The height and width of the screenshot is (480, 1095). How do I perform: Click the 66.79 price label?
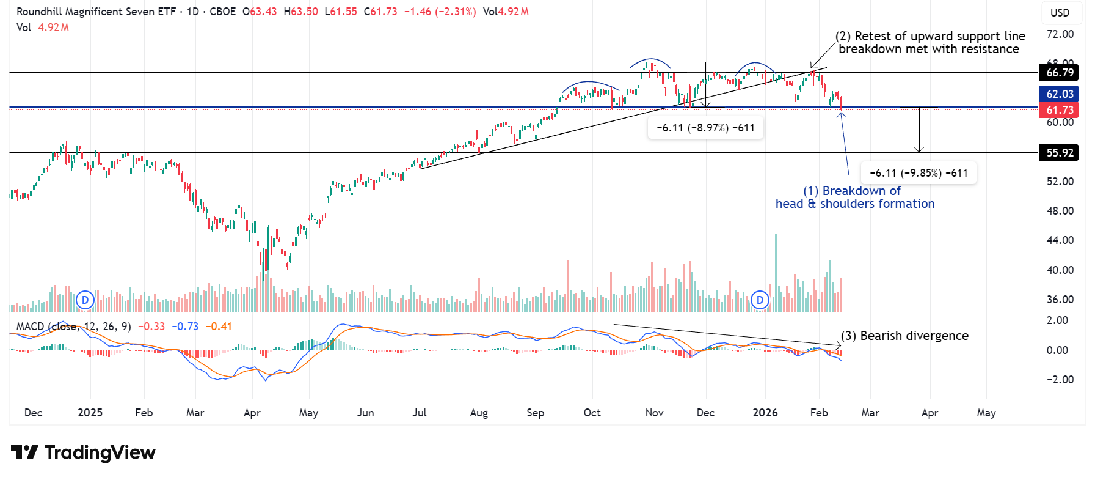click(x=1059, y=73)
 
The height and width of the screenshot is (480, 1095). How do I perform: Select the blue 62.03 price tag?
click(x=1059, y=94)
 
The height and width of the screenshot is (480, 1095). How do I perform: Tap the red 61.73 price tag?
click(x=1059, y=110)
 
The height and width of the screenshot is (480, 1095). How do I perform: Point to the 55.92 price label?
click(x=1059, y=153)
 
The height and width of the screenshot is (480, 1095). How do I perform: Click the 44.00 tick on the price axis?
click(x=1060, y=240)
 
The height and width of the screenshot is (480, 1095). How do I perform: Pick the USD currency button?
click(x=1060, y=13)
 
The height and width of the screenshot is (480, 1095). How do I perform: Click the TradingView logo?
click(x=83, y=452)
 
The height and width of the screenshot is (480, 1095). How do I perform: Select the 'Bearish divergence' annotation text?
click(x=904, y=336)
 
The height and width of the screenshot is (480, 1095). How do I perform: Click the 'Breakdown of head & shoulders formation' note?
click(x=855, y=198)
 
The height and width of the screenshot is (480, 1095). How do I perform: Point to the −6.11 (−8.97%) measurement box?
click(x=705, y=128)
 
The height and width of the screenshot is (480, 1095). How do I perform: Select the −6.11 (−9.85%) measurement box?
click(x=919, y=173)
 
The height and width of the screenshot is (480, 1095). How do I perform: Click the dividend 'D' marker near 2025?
click(x=85, y=300)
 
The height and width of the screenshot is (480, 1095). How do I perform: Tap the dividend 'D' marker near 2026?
click(x=760, y=300)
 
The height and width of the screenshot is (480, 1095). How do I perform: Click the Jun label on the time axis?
click(x=365, y=413)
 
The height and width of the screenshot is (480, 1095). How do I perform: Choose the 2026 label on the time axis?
click(x=765, y=413)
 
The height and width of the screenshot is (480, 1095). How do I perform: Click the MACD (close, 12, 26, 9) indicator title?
click(x=73, y=327)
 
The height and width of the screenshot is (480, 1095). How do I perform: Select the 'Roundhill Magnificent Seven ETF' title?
click(x=96, y=12)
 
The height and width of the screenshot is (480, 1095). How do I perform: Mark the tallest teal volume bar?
click(x=776, y=272)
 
